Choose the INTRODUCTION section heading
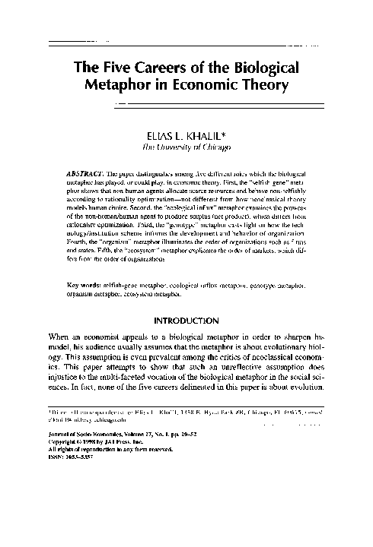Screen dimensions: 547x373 pos(187,342)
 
